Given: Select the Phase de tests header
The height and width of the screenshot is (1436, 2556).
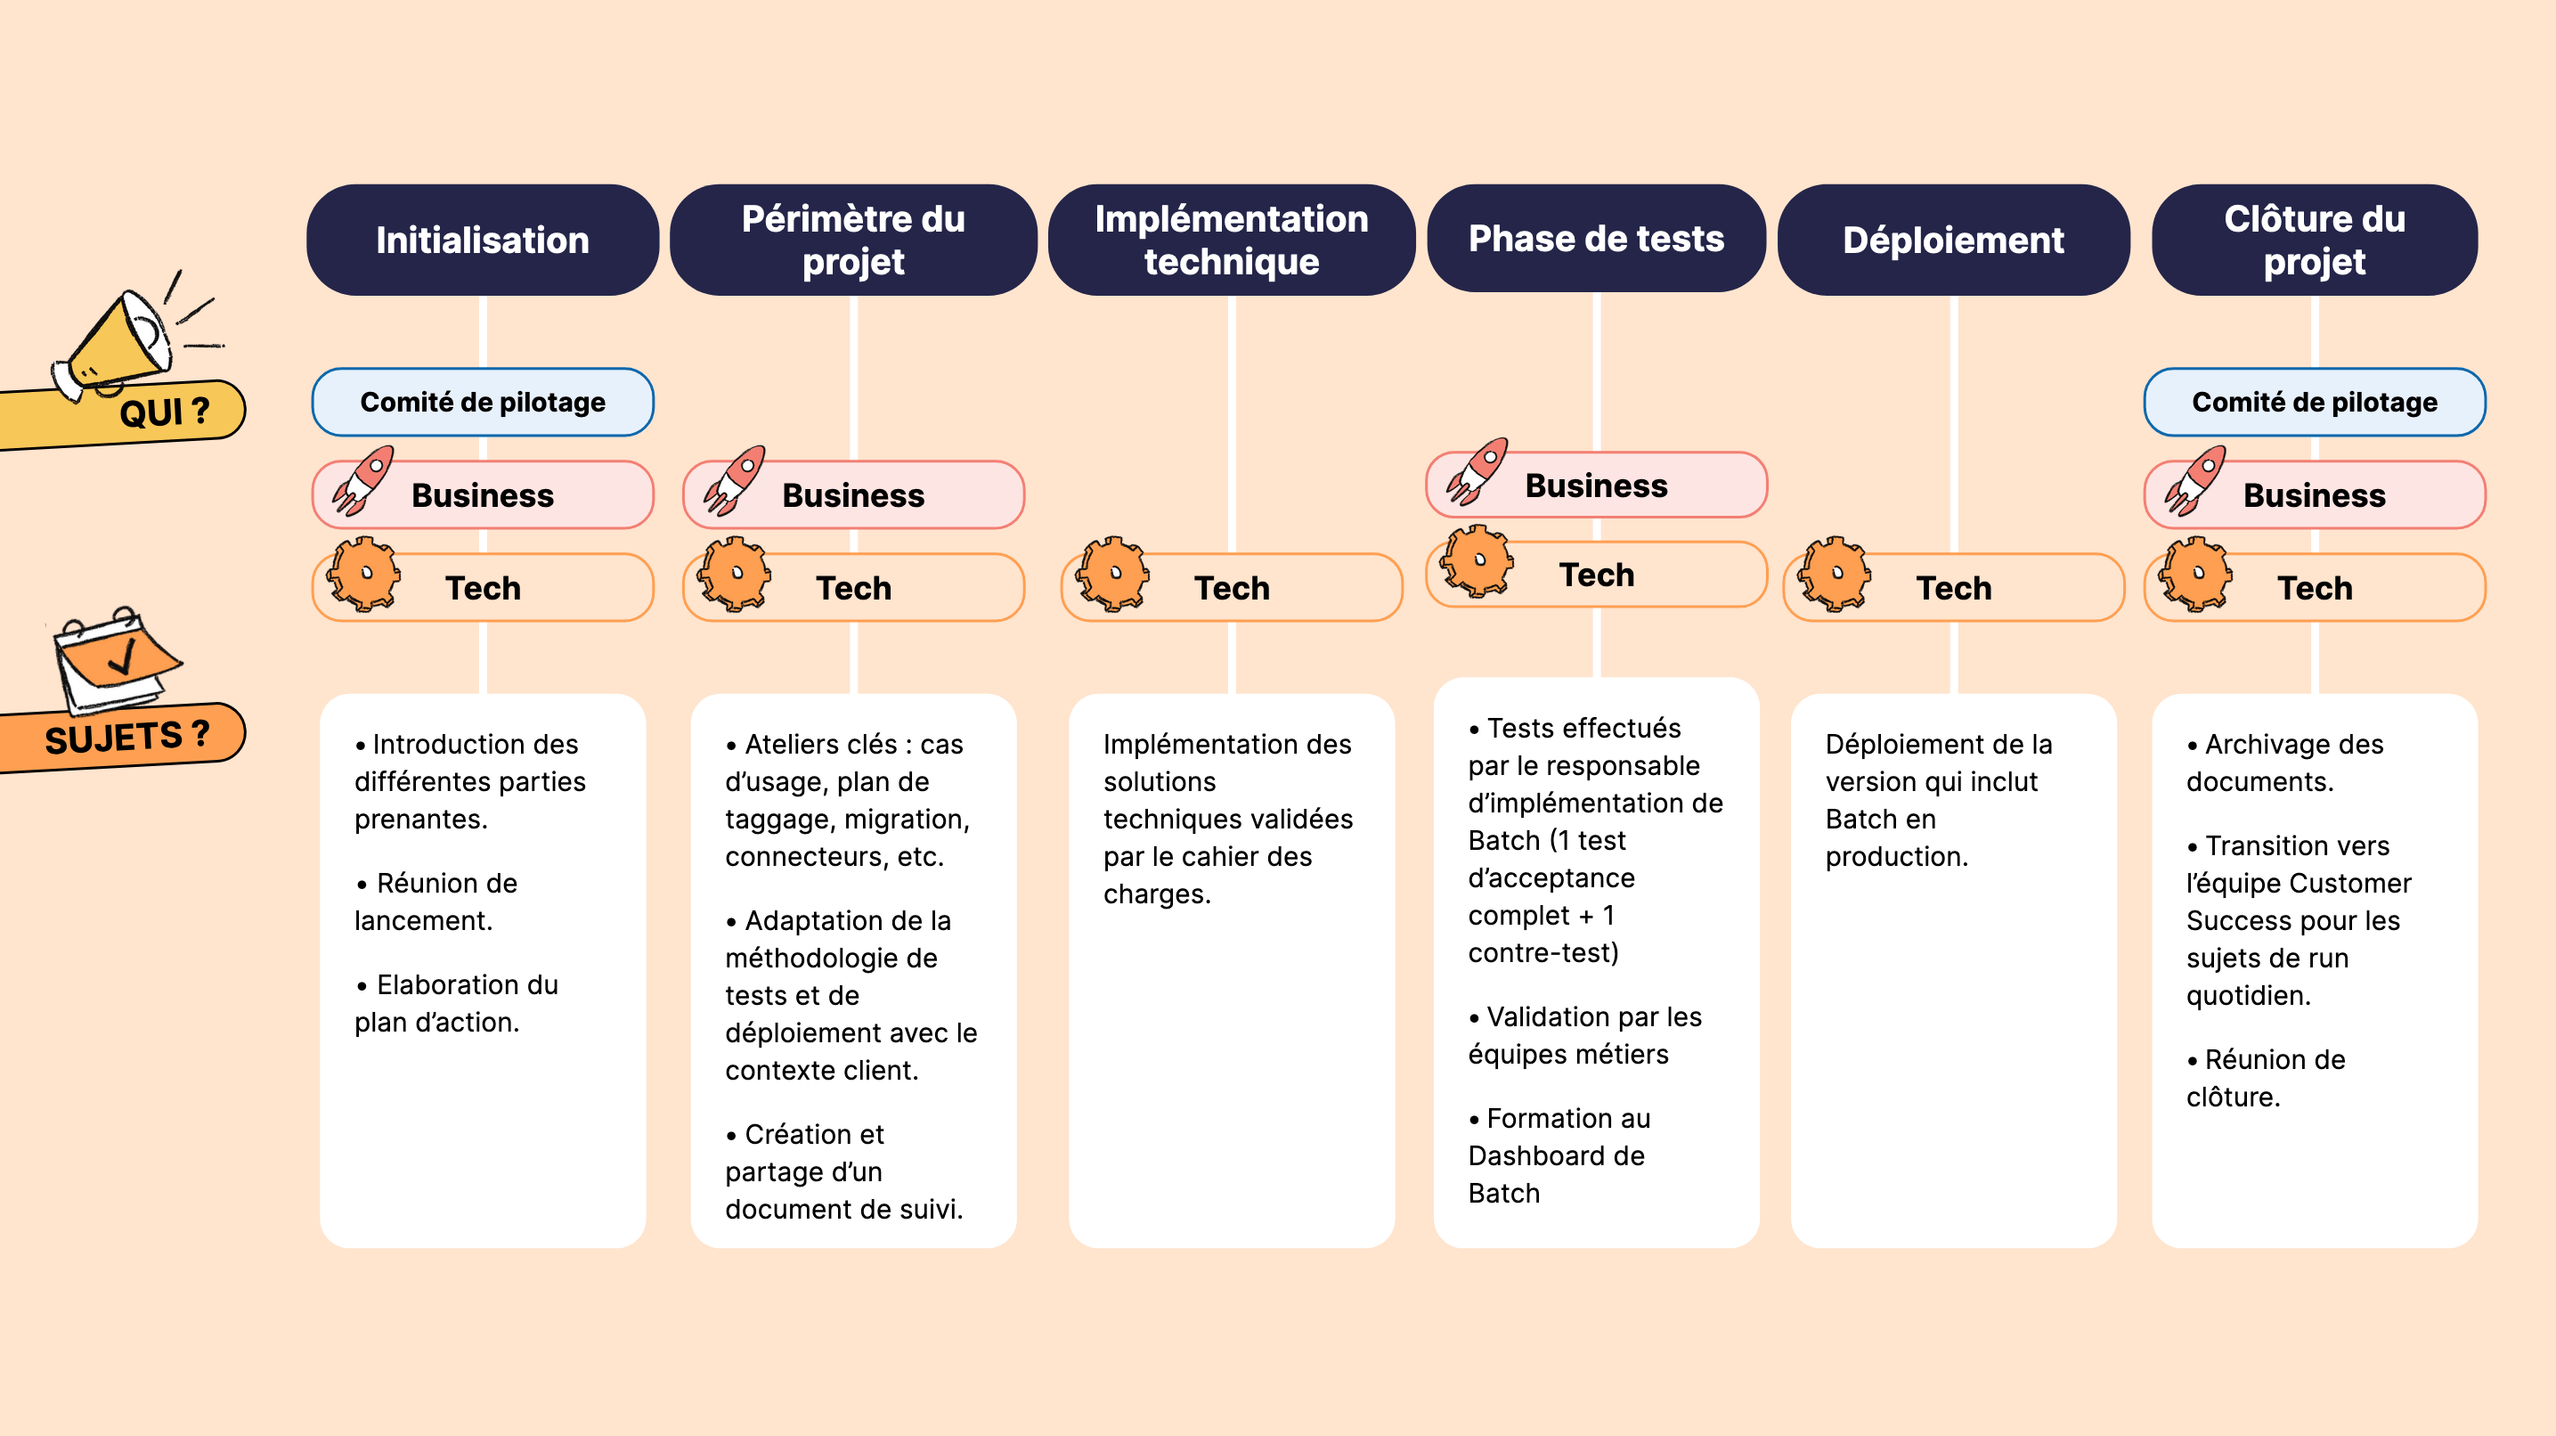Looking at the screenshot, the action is tap(1596, 238).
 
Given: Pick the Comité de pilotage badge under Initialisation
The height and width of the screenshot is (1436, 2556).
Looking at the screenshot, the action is tap(482, 402).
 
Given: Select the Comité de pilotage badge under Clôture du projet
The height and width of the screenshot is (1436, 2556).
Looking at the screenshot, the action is tap(2314, 402).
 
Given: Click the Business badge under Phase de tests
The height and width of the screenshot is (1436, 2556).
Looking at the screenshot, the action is tap(1596, 485).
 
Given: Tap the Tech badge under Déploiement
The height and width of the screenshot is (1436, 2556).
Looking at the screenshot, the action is tap(1953, 588).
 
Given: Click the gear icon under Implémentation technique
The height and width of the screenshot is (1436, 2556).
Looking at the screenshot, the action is tap(1113, 574).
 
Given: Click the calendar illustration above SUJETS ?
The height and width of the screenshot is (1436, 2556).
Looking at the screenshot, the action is tap(114, 660).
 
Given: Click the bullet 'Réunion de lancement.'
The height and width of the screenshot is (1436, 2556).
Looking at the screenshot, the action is tap(436, 902).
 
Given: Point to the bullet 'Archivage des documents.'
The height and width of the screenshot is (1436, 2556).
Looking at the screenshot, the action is tap(2284, 763).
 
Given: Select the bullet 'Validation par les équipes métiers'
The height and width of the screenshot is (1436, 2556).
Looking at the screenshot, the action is tap(1584, 1035).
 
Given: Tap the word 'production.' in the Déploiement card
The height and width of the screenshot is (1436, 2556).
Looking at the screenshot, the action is tap(1896, 856).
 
